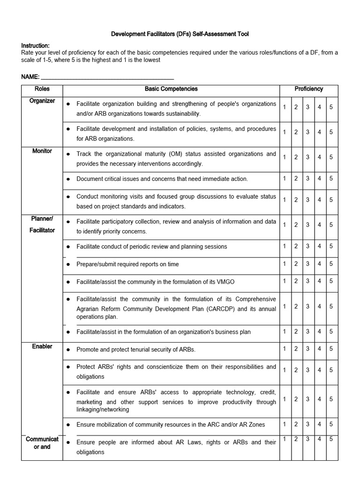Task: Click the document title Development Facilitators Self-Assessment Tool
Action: (x=180, y=34)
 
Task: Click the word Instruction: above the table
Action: (x=35, y=45)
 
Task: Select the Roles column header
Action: (x=42, y=89)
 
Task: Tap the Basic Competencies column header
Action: (x=171, y=89)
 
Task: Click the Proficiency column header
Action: (x=308, y=89)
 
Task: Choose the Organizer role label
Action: (x=42, y=101)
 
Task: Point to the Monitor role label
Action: (x=42, y=151)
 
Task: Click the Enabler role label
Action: (x=42, y=346)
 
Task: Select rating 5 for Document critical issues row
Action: (x=331, y=178)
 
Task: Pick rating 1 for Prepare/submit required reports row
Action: (x=285, y=263)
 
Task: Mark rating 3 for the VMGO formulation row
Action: (x=307, y=281)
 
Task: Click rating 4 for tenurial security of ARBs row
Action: (x=319, y=349)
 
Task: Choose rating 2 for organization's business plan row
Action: (x=296, y=331)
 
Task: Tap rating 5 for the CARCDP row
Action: (x=331, y=306)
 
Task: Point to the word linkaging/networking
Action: (x=103, y=409)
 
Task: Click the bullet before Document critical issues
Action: (x=68, y=179)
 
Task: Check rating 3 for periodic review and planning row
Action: (x=307, y=246)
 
